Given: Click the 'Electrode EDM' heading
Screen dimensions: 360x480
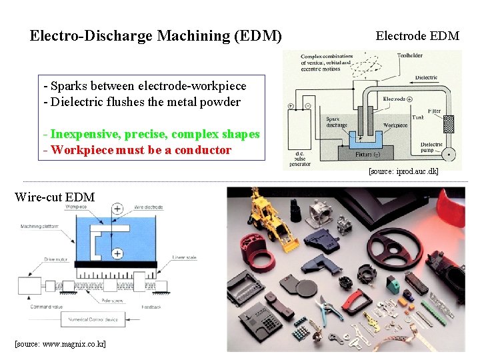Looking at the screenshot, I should pos(417,35).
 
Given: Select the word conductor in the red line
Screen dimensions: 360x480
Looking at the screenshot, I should pos(198,150).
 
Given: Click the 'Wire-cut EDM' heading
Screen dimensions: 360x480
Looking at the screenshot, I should pos(55,197).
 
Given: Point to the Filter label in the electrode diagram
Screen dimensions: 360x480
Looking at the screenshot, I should pos(434,111).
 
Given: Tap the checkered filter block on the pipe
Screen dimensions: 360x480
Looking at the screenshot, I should pos(449,125).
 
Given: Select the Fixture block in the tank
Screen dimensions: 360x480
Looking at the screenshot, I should pos(363,154).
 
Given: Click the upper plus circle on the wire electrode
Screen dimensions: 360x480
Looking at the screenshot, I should pos(117,209).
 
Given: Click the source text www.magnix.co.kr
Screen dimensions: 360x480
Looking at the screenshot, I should pos(60,343).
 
